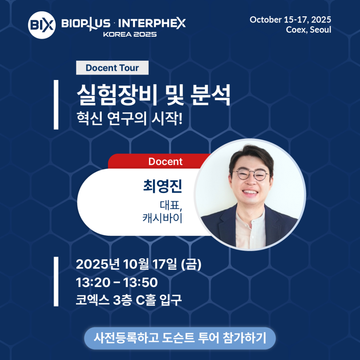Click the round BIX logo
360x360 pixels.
[x=42, y=25]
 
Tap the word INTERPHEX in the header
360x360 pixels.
[x=152, y=24]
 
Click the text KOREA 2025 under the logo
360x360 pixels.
[x=130, y=35]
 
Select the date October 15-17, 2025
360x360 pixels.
[x=290, y=20]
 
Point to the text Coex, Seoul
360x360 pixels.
[x=308, y=30]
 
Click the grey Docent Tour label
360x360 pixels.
[x=112, y=68]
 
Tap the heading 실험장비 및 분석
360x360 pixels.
[x=153, y=95]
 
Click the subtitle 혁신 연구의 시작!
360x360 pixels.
[x=129, y=119]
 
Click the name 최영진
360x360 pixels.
[x=163, y=186]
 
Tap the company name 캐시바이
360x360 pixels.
[x=162, y=218]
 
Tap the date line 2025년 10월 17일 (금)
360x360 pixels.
[x=139, y=264]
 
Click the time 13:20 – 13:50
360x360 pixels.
[x=117, y=283]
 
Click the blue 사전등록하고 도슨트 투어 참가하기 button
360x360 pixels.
[x=180, y=338]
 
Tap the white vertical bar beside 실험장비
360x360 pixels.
[x=56, y=105]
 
